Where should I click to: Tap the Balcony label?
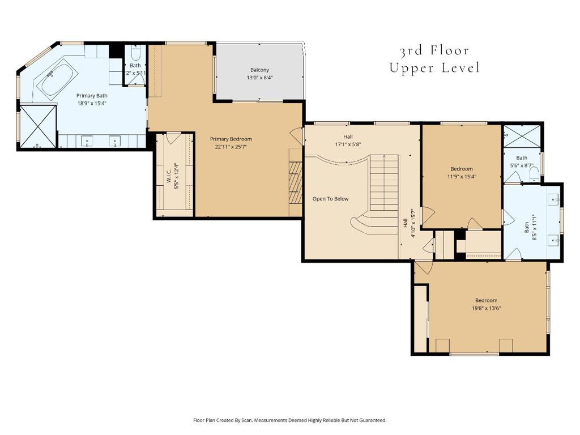point(260,70)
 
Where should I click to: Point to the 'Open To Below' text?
point(331,199)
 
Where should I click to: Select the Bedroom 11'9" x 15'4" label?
point(461,172)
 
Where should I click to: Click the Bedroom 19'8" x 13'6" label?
point(486,304)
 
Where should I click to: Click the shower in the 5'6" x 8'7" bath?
point(522,136)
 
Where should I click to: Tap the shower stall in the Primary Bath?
point(38,126)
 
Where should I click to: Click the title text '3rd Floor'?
point(434,51)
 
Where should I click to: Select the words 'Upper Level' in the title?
point(434,68)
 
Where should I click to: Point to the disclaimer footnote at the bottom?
point(290,420)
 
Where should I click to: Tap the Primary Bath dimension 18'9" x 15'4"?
point(92,103)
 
